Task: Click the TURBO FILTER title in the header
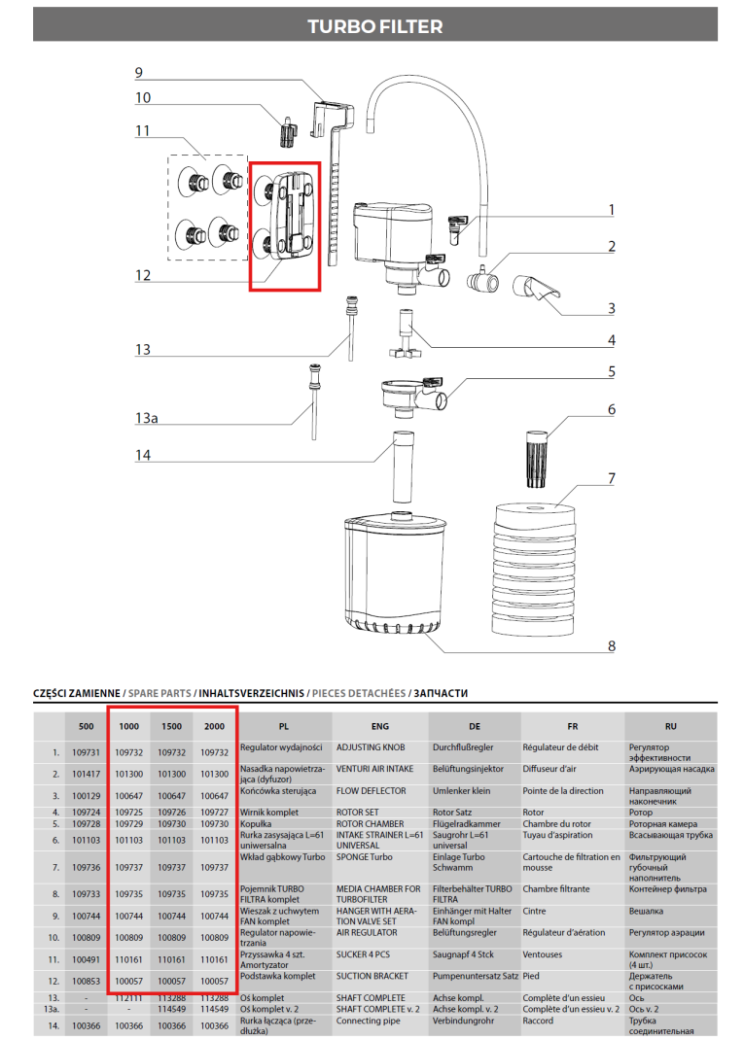pyautogui.click(x=374, y=26)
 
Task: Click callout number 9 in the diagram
pyautogui.click(x=138, y=73)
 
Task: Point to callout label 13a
pyautogui.click(x=145, y=417)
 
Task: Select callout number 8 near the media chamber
pyautogui.click(x=612, y=644)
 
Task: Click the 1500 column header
pyautogui.click(x=172, y=726)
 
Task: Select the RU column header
pyautogui.click(x=670, y=726)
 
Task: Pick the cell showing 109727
pyautogui.click(x=215, y=812)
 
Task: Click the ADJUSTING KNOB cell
pyautogui.click(x=369, y=748)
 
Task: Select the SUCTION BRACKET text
pyautogui.click(x=373, y=976)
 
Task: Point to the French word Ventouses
pyautogui.click(x=549, y=957)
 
